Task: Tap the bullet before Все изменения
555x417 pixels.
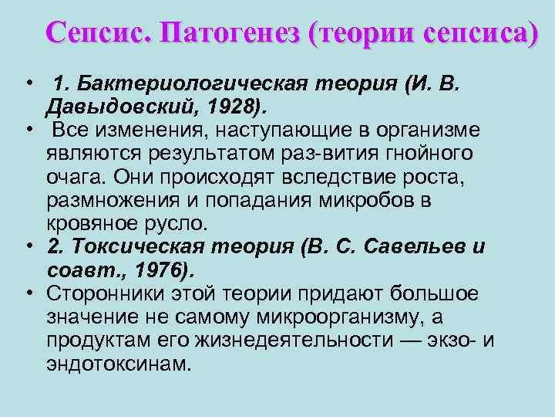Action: coord(28,127)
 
